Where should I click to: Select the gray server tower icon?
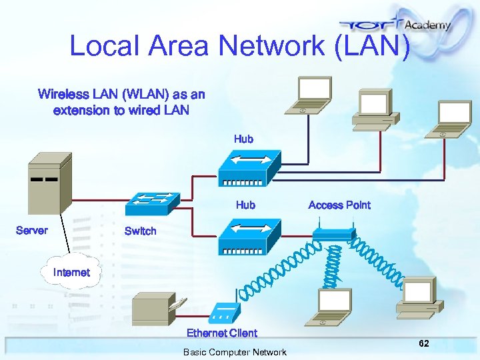pyautogui.click(x=49, y=183)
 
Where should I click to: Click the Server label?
pyautogui.click(x=31, y=231)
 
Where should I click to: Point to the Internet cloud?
pyautogui.click(x=71, y=272)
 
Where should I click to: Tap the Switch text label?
pyautogui.click(x=140, y=231)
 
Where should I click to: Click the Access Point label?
pyautogui.click(x=339, y=205)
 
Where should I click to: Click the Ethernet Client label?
pyautogui.click(x=221, y=333)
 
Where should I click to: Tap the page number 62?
pyautogui.click(x=423, y=343)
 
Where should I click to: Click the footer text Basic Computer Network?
pyautogui.click(x=235, y=352)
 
